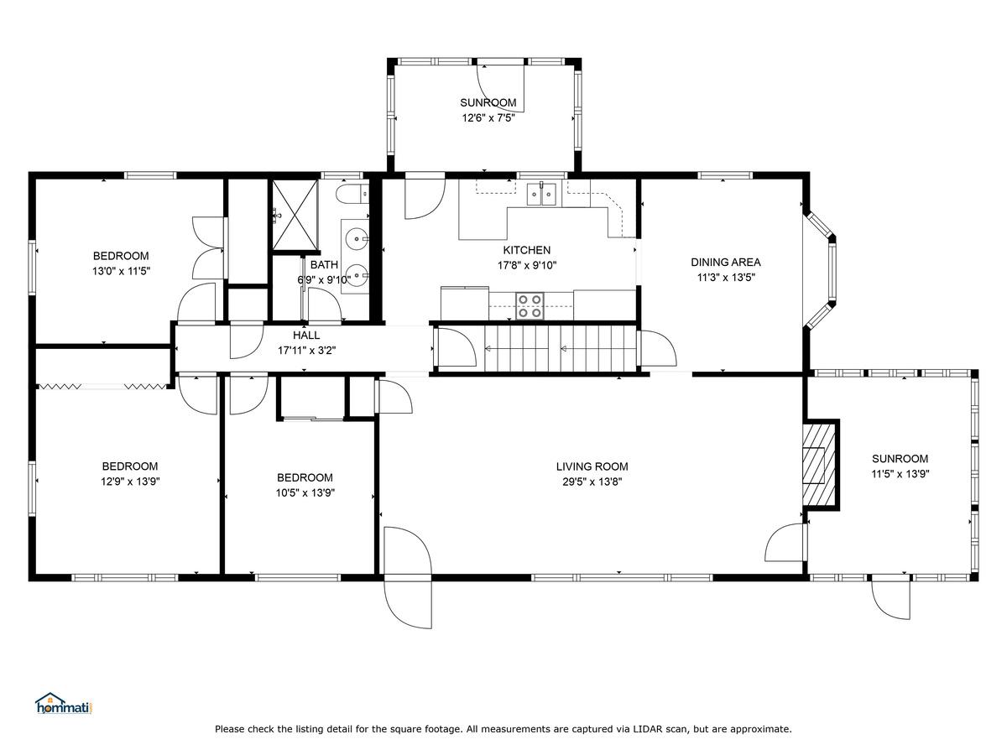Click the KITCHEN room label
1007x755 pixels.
click(527, 250)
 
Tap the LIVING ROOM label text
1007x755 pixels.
click(592, 466)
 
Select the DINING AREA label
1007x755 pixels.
click(725, 262)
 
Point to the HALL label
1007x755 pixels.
click(306, 335)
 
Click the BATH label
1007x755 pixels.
click(324, 264)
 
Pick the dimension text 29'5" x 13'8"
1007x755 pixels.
click(592, 482)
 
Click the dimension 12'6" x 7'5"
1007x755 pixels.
click(488, 117)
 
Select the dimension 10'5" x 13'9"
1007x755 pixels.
click(305, 492)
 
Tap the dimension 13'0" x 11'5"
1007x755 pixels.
click(121, 271)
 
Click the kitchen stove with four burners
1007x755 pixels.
click(530, 305)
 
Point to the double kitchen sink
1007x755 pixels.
click(541, 194)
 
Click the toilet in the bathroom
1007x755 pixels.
click(352, 195)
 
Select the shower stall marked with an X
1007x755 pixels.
click(295, 216)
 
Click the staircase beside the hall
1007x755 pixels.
click(561, 349)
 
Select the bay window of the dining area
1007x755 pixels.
click(822, 269)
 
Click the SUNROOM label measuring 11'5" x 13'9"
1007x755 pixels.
click(900, 458)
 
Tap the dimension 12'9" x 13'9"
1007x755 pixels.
click(130, 482)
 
